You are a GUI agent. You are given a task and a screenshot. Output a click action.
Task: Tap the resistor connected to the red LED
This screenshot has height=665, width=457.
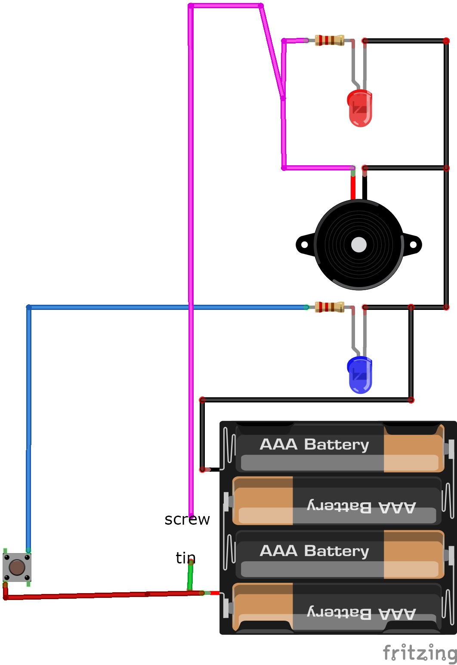click(x=329, y=40)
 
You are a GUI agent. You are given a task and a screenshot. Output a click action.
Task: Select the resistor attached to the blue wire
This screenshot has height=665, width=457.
click(x=329, y=307)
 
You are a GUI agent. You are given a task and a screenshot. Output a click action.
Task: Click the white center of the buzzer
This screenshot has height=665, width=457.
click(x=359, y=244)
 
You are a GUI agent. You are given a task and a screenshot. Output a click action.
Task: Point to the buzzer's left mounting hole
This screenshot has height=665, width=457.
click(x=305, y=244)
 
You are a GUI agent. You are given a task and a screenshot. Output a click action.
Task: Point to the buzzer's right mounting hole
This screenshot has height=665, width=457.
click(x=413, y=244)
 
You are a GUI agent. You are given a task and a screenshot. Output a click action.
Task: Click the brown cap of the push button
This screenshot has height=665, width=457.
click(x=17, y=567)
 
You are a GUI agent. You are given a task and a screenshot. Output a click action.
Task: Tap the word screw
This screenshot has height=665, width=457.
click(x=187, y=520)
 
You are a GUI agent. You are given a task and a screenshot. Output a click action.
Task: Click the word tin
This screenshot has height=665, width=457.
click(x=185, y=558)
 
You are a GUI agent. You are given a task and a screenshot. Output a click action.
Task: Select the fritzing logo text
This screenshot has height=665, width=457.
click(x=420, y=653)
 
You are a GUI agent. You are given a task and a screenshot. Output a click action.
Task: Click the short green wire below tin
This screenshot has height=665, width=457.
click(x=190, y=577)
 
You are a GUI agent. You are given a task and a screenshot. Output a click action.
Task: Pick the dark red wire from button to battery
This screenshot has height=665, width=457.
click(x=103, y=595)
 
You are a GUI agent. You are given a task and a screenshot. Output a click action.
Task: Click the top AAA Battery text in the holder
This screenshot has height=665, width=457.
click(x=314, y=444)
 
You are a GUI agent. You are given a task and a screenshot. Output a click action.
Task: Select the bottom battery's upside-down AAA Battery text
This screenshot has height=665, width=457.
click(x=361, y=612)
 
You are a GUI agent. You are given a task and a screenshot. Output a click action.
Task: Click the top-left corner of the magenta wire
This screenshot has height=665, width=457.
click(x=191, y=6)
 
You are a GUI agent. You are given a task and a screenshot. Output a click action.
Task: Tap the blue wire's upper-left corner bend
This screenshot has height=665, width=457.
click(x=29, y=307)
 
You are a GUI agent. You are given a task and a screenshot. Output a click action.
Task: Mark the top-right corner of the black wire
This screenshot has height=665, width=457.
click(x=446, y=41)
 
